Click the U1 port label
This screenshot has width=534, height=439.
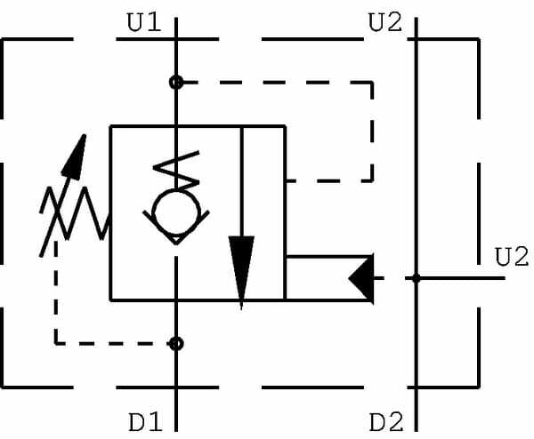[143, 23]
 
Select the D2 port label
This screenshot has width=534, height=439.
[385, 419]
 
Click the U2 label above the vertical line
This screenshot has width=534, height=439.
[385, 23]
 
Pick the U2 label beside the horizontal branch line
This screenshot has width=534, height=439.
[511, 258]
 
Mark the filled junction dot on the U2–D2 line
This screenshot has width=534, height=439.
[415, 278]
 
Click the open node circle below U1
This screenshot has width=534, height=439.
[176, 82]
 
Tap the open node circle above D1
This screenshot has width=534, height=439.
[176, 343]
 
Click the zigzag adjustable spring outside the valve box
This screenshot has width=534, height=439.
[76, 213]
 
